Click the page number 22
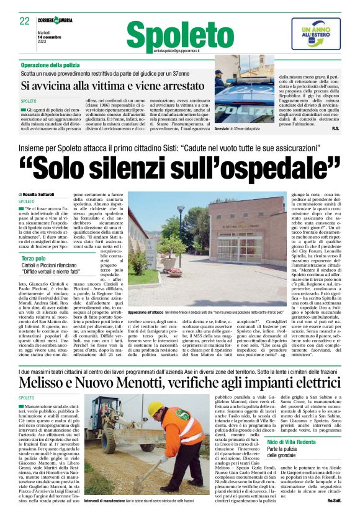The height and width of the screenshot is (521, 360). (x=24, y=20)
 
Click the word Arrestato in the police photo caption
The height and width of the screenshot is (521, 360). (x=221, y=128)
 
